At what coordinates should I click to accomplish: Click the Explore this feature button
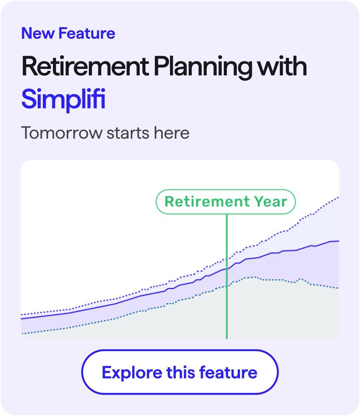(180, 372)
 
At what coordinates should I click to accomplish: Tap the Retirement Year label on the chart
(226, 202)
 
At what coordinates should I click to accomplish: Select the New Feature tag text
(68, 34)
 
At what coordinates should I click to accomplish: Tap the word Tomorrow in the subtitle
(61, 133)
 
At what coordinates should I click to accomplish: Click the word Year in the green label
(270, 202)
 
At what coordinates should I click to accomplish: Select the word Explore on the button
(132, 372)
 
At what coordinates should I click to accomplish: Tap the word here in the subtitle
(171, 133)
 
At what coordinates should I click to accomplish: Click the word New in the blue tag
(37, 34)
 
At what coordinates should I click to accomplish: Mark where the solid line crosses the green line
(227, 269)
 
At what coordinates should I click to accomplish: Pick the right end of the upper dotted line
(338, 197)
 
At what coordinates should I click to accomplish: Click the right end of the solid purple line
(338, 241)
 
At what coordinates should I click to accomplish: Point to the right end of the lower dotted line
(338, 288)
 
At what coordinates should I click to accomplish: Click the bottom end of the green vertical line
(227, 337)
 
